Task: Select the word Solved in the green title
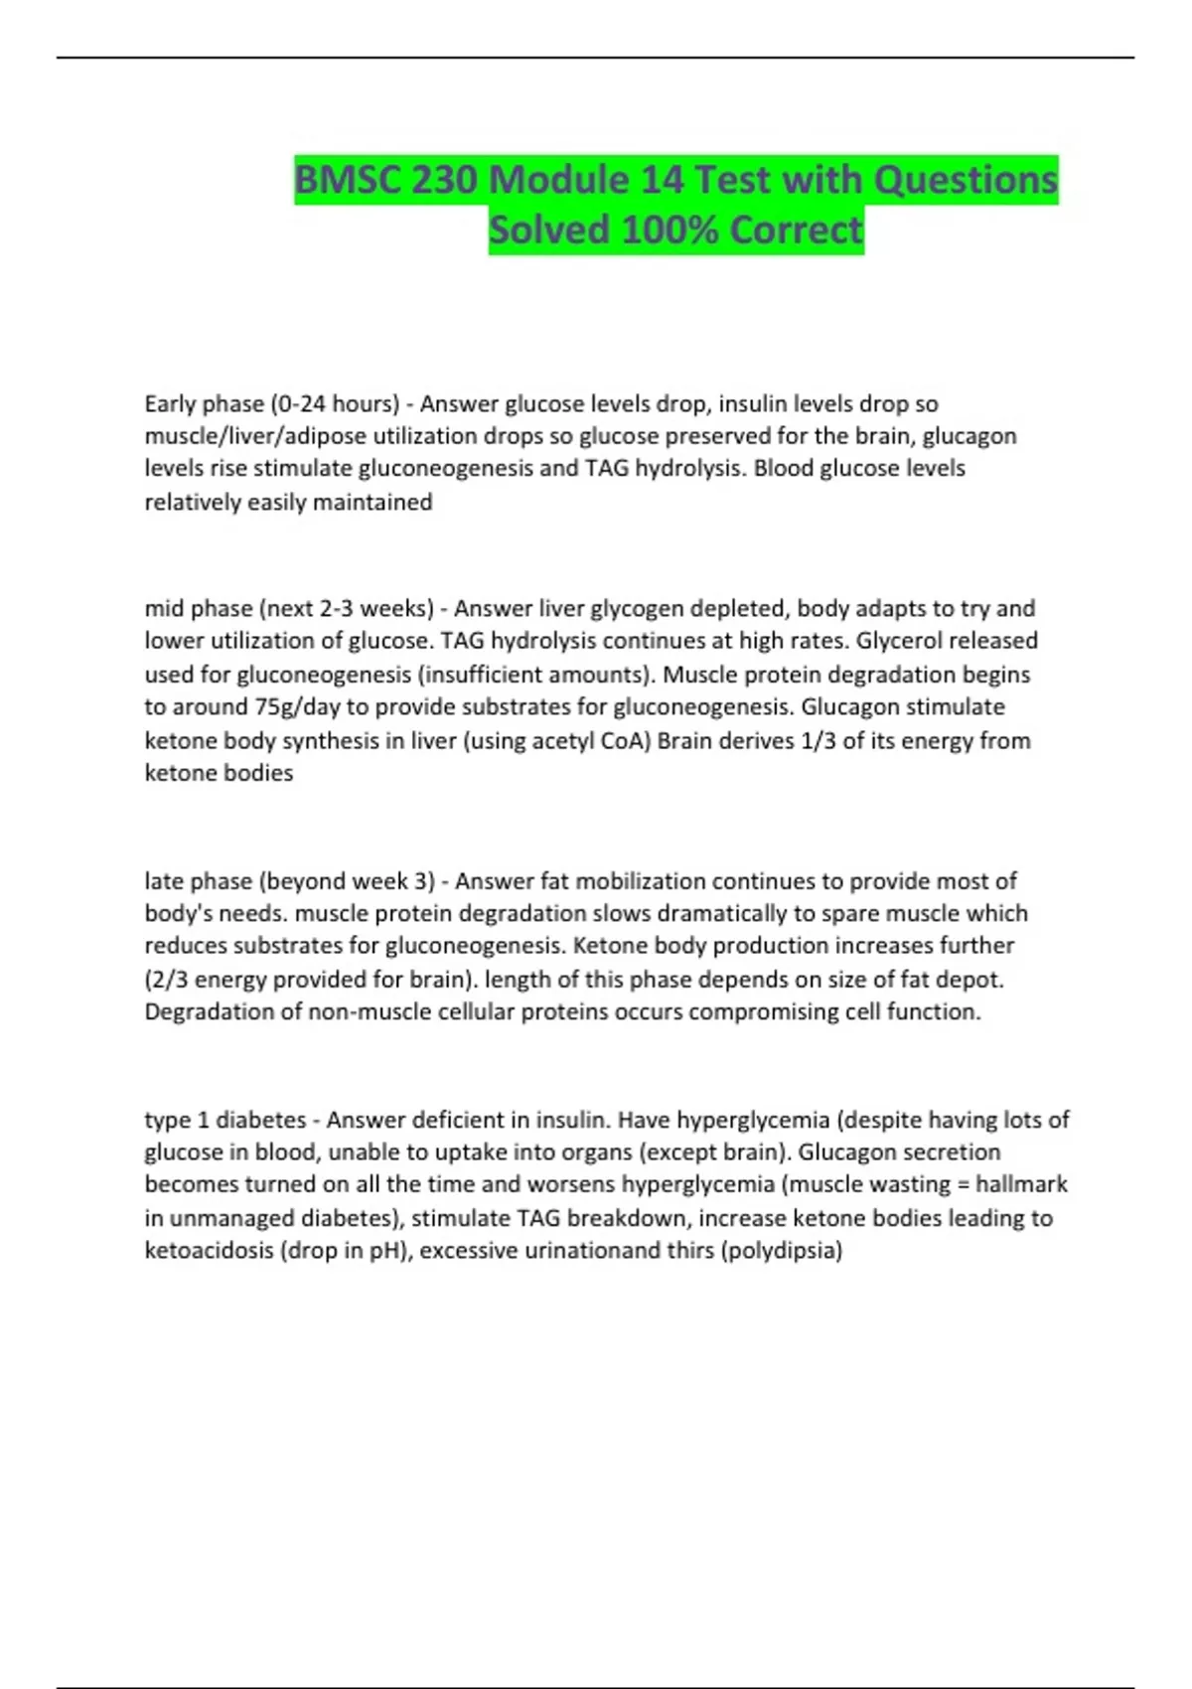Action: [548, 230]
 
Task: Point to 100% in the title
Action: [670, 230]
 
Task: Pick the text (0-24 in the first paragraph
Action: [297, 404]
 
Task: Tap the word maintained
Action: [372, 503]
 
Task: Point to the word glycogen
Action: [633, 608]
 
